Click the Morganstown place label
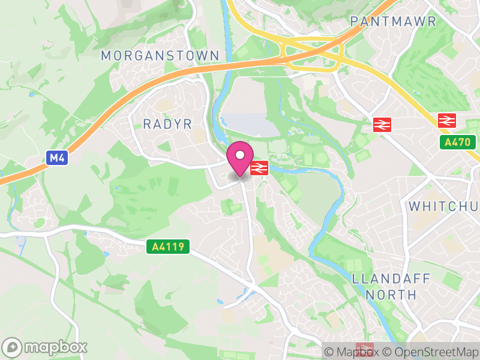160,55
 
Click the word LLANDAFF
384,279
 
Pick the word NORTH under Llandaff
391,295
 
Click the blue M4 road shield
56,158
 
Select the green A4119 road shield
168,247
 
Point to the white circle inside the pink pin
240,155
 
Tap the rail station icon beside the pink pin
259,168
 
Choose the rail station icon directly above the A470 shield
447,120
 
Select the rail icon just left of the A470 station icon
382,124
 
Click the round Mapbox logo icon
13,347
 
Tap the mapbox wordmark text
55,347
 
